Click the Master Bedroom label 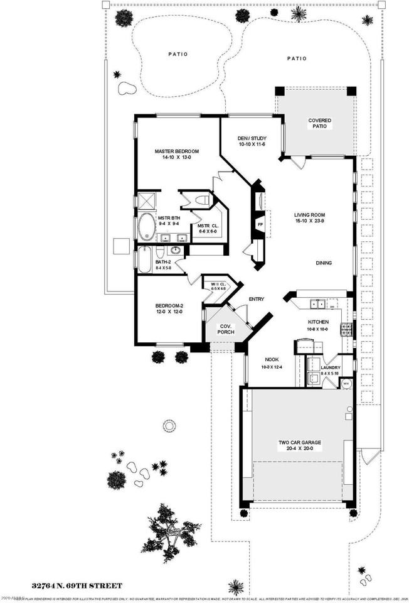[177, 151]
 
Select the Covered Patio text [319, 122]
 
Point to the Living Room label [309, 215]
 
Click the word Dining [324, 263]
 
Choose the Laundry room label [330, 367]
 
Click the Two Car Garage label [300, 442]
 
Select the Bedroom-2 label [170, 307]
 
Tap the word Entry [257, 299]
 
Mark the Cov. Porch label [226, 329]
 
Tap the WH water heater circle [345, 383]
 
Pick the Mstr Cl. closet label [207, 229]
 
